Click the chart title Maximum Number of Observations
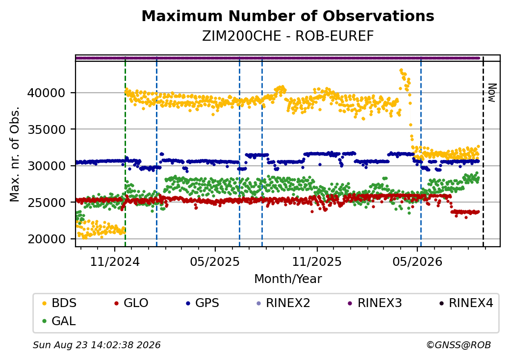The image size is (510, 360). click(x=288, y=16)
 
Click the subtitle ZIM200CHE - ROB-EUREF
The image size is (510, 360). click(x=288, y=36)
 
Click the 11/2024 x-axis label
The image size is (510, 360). click(x=114, y=262)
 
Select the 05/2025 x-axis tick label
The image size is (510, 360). click(x=215, y=262)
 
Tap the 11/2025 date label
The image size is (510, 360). click(x=317, y=262)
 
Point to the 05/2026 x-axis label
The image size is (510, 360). click(x=418, y=262)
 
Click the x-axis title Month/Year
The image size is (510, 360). click(x=288, y=279)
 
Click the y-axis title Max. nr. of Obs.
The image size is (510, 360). click(x=15, y=154)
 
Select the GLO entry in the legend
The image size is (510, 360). click(x=131, y=303)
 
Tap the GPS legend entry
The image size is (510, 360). click(x=203, y=303)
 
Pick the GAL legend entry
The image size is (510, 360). click(x=59, y=321)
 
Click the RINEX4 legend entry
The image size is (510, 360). click(x=466, y=303)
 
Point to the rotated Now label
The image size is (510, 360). click(x=492, y=93)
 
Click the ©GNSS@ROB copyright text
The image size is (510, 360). click(x=459, y=345)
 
